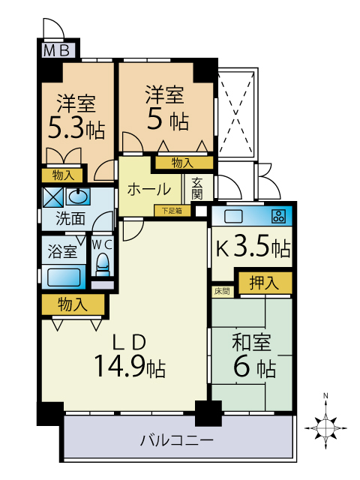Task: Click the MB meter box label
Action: tap(57, 50)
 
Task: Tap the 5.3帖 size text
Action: tap(76, 130)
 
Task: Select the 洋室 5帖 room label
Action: tap(166, 108)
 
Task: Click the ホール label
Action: tap(149, 189)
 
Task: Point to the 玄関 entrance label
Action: tap(197, 188)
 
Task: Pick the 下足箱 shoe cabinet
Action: tap(172, 211)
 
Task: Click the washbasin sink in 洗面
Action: tap(78, 196)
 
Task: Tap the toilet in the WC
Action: tap(103, 264)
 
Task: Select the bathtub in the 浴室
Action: tap(64, 277)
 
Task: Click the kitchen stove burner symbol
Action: tap(278, 217)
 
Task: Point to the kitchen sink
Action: tap(233, 217)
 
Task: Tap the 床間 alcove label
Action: tap(222, 291)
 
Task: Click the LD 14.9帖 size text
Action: tap(130, 365)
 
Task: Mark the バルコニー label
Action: tap(177, 440)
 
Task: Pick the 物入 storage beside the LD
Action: tap(73, 305)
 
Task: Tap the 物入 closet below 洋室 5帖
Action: tap(184, 163)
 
